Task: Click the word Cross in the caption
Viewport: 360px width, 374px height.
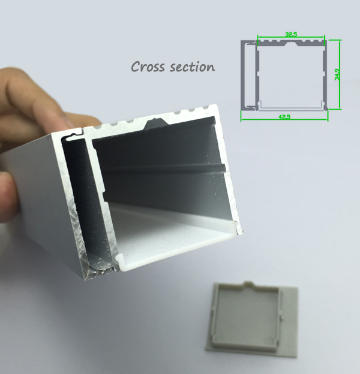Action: (x=148, y=67)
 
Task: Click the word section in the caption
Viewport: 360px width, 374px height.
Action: (x=192, y=67)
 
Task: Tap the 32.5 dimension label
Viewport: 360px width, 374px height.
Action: (x=291, y=34)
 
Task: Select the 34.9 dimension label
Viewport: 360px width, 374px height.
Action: (x=337, y=74)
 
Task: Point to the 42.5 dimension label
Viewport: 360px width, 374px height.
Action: (x=284, y=117)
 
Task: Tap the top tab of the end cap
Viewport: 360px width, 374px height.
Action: (x=249, y=284)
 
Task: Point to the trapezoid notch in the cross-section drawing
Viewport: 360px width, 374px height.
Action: (x=291, y=43)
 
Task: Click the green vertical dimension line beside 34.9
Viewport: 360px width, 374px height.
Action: (x=340, y=74)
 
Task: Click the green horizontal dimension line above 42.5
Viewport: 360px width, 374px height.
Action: (x=284, y=119)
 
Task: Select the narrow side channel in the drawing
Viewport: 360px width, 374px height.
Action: (x=250, y=75)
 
